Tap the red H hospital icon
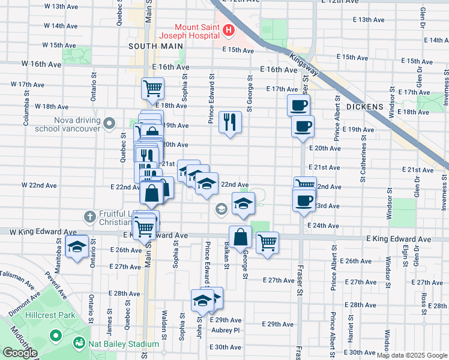(228, 29)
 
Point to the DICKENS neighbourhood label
(364, 106)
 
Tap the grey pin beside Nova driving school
(109, 124)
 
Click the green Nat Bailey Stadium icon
(78, 344)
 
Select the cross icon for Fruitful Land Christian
(89, 216)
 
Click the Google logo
(20, 353)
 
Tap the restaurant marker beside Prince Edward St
(230, 122)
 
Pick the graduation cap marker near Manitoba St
(77, 247)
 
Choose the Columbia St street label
(26, 109)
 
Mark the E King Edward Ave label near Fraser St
(399, 239)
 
